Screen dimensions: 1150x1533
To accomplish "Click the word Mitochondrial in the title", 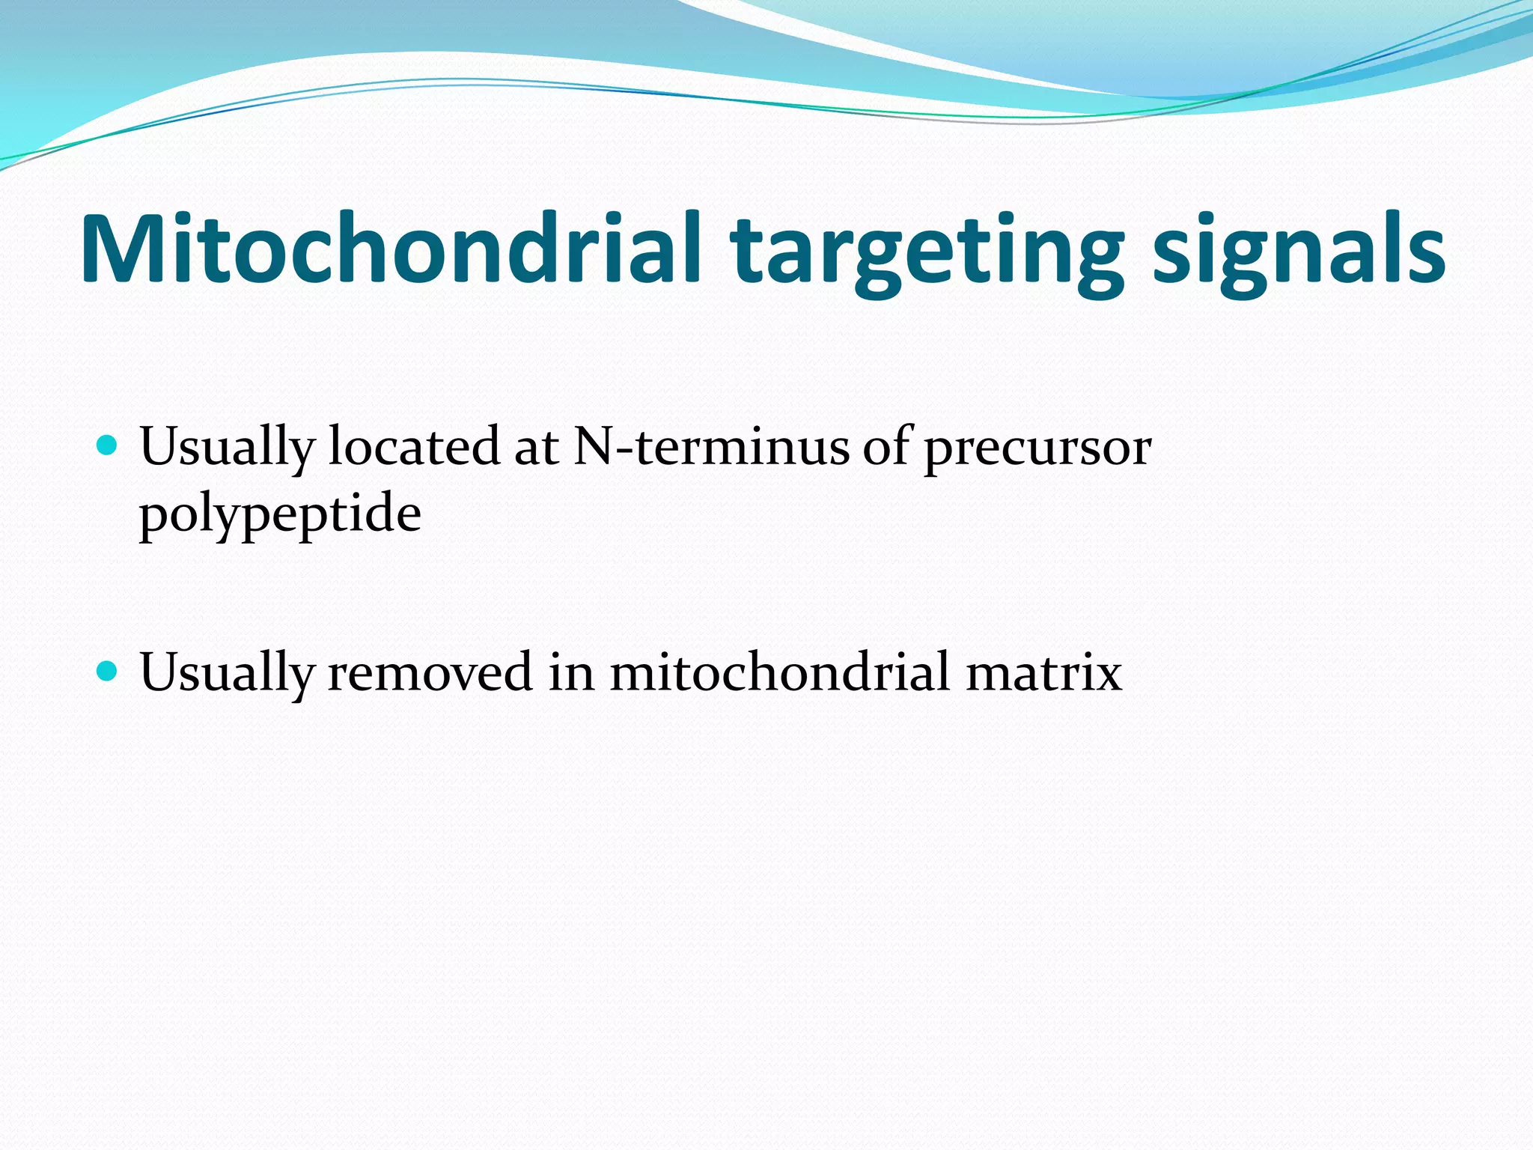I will tap(389, 249).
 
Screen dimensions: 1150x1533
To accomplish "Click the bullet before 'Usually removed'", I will tap(108, 672).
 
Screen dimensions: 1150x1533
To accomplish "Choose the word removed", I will tap(430, 672).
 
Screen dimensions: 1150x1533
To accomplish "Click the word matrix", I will tap(1043, 672).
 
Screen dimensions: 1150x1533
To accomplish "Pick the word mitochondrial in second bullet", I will tap(779, 672).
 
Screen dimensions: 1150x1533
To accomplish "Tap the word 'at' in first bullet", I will tap(536, 448).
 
